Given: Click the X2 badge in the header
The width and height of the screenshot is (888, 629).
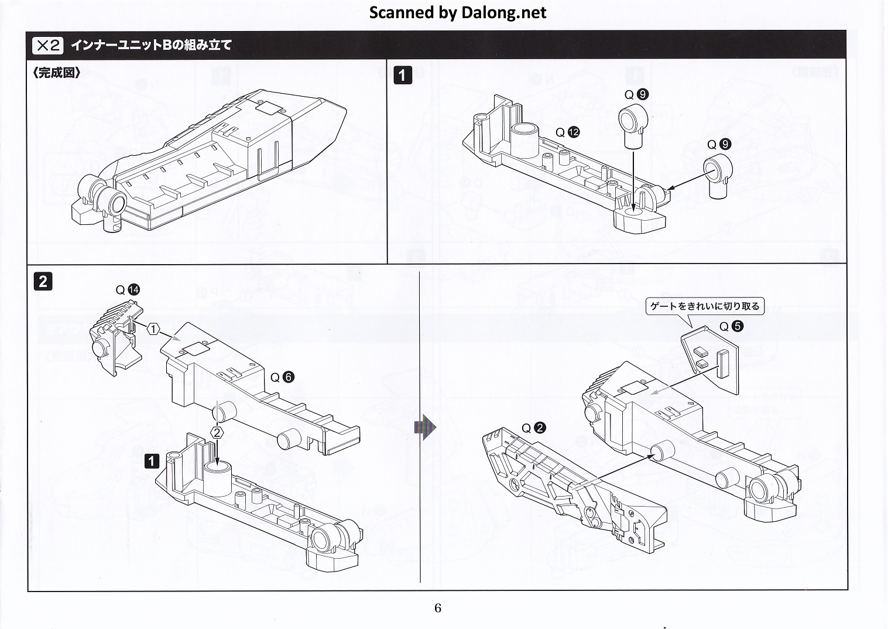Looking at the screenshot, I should tap(48, 45).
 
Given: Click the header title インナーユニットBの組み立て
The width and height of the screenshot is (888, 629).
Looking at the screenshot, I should tap(151, 45).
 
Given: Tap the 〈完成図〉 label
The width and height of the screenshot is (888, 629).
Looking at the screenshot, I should tap(57, 73).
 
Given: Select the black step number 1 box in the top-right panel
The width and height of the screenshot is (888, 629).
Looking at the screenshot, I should tap(403, 75).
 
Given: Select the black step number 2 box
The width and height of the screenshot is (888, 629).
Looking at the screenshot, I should tap(43, 282).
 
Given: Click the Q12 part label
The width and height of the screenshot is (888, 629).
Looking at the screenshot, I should tap(567, 132).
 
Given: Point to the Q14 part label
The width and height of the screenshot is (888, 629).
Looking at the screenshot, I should tap(128, 289).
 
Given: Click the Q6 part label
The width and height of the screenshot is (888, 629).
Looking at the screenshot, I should tap(282, 377).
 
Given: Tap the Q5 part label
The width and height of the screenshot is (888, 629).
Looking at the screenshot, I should tap(731, 326).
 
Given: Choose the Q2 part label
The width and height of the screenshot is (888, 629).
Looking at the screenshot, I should tap(533, 428).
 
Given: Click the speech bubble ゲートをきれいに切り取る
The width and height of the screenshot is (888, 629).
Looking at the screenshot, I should tap(704, 306).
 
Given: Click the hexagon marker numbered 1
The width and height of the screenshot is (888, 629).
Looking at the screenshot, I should tap(153, 330).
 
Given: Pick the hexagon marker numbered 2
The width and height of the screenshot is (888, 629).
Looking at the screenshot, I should tap(217, 433).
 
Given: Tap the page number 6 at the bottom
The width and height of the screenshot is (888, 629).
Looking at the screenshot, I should tap(438, 607).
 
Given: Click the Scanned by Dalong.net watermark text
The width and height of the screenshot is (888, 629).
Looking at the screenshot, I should tap(457, 12).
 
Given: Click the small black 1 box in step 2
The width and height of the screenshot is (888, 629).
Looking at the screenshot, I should tap(152, 460).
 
